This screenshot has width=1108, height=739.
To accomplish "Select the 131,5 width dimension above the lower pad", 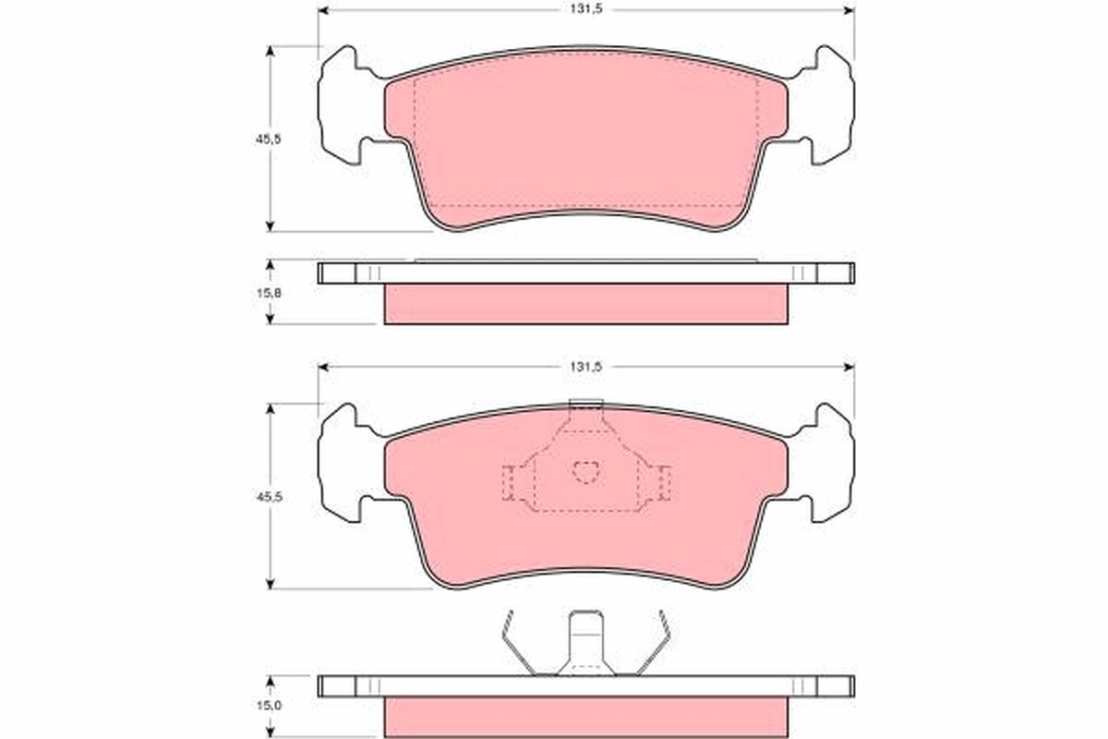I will [585, 367].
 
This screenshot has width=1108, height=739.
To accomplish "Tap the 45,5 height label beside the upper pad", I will [269, 139].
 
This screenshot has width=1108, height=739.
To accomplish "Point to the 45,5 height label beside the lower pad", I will [269, 496].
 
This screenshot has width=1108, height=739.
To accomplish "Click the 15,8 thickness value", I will [269, 291].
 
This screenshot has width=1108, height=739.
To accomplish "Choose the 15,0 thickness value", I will [269, 705].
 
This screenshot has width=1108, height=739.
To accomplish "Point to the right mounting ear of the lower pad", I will [831, 463].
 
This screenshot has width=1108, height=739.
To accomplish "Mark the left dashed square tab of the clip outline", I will [509, 482].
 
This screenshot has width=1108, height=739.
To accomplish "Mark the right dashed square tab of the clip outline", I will [663, 482].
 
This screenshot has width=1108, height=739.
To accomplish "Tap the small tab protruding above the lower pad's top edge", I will [585, 403].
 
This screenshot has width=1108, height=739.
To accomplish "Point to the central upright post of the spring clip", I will [585, 639].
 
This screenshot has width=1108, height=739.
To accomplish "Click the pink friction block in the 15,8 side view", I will [585, 304].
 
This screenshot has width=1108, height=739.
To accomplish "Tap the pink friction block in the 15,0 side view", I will [585, 717].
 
